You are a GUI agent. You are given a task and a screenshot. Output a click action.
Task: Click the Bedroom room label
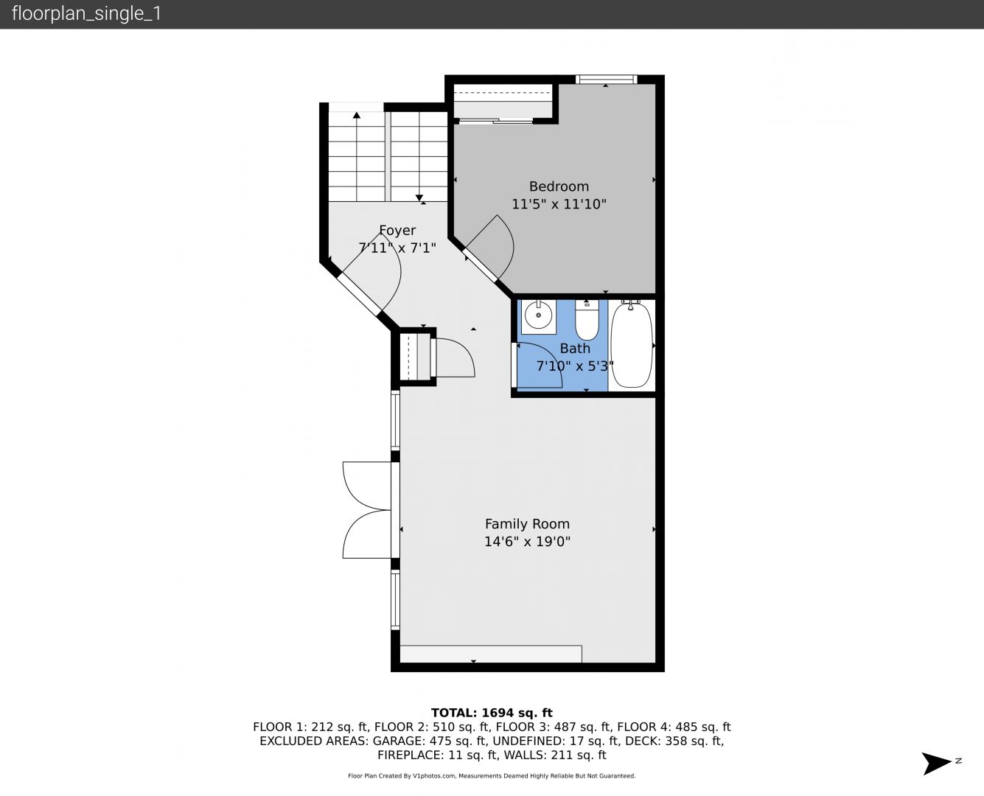559,186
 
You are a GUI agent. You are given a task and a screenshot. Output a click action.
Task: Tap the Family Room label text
527,524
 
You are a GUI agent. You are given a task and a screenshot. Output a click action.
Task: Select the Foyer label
397,231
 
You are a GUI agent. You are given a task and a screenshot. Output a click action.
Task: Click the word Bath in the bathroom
575,349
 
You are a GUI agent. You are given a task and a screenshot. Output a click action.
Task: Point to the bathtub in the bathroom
632,345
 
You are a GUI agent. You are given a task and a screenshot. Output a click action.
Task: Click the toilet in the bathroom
587,320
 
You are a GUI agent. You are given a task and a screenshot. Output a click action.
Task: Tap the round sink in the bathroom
538,315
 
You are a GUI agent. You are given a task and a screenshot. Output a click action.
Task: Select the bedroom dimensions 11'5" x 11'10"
559,203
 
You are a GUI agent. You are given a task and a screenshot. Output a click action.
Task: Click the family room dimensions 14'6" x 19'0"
527,542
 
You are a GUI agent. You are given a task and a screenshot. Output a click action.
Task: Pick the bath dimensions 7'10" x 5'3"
575,366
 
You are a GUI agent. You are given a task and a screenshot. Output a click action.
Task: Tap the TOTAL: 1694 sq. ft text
492,713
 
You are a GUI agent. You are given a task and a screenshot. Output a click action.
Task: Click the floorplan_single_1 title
86,14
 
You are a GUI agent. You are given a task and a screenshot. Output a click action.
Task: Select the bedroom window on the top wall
606,80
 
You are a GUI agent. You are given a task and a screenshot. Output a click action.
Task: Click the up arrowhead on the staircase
356,115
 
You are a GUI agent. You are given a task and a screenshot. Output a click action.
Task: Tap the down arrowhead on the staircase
419,198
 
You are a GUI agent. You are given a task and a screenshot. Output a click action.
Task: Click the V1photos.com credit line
492,775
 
